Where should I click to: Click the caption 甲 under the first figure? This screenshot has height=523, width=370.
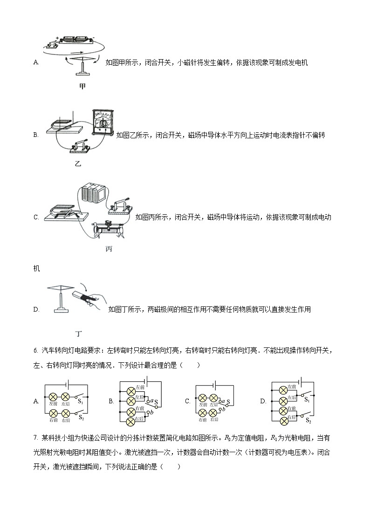[x=82, y=86]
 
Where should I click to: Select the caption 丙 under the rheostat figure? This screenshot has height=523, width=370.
[x=109, y=249]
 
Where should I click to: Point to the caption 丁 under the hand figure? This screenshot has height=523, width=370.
[x=79, y=333]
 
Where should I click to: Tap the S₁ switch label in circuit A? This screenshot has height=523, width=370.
[x=80, y=401]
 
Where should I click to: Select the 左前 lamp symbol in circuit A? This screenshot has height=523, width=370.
[x=53, y=397]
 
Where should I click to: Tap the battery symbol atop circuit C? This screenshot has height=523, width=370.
[x=215, y=386]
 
